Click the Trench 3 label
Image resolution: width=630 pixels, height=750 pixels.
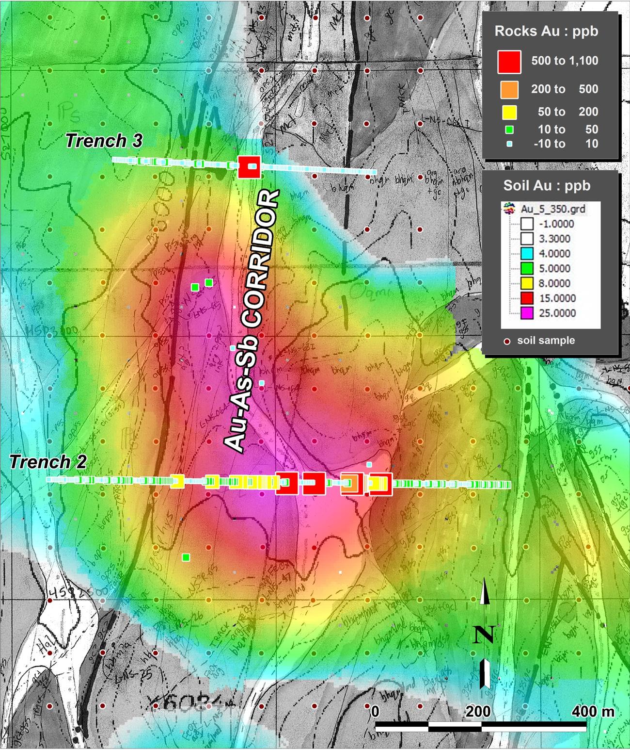pos(104,141)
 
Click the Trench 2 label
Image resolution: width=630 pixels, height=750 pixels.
pos(48,462)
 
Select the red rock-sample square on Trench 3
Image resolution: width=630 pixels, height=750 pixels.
pos(250,167)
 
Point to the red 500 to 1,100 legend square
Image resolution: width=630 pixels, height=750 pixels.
pos(509,62)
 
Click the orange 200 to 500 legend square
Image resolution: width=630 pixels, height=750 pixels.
pos(509,89)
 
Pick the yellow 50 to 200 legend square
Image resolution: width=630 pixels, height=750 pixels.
pos(509,112)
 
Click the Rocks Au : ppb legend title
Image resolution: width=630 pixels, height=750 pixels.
pos(546,32)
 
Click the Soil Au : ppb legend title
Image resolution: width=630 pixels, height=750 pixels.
pos(547,186)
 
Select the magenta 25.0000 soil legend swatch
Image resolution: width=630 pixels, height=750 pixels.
pos(527,313)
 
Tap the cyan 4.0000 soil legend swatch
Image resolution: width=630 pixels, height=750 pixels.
pos(527,254)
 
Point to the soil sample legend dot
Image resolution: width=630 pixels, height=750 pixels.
pos(507,341)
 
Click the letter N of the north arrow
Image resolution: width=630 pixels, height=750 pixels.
pos(483,635)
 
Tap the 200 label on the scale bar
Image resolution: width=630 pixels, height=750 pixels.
pos(478,712)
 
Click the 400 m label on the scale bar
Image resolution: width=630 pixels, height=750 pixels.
pos(593,712)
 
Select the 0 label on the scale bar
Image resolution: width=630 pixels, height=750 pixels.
pos(375,712)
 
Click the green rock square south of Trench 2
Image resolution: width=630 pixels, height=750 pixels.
pos(186,557)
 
